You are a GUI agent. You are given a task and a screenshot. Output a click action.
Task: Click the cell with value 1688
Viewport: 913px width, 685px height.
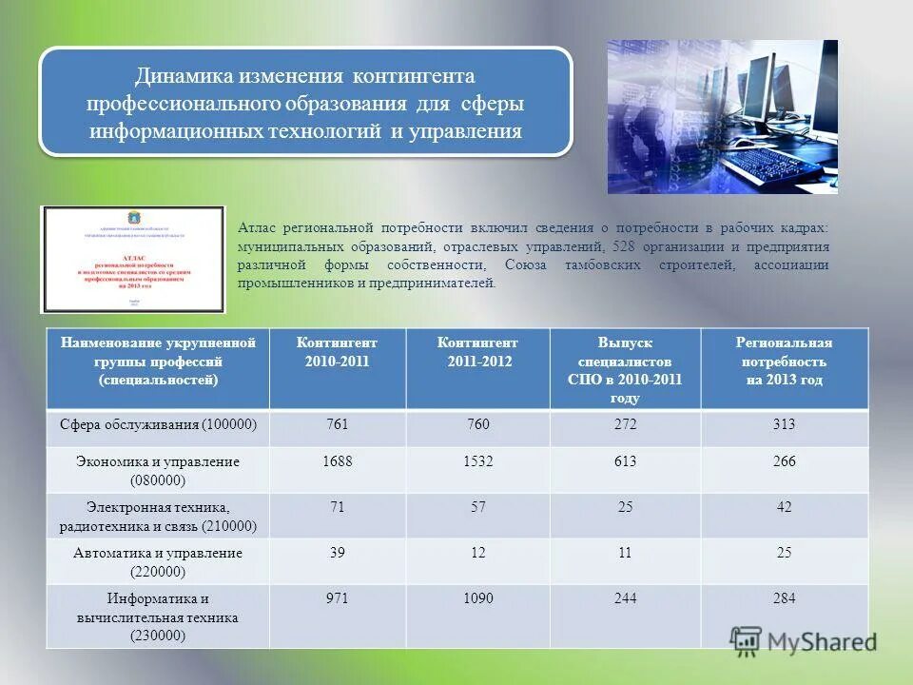[338, 461]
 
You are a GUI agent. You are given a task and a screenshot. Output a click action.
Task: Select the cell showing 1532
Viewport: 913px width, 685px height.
[477, 461]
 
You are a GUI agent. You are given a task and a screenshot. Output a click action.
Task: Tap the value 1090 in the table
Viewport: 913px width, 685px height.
[477, 598]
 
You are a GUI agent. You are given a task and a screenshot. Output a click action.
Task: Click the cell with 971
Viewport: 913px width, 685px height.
[338, 598]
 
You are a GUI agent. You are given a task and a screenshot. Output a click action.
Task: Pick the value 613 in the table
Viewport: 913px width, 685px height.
[625, 461]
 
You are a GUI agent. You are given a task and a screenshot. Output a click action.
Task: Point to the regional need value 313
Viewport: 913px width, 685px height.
[784, 424]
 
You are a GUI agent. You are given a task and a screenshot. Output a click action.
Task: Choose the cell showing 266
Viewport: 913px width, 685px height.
[784, 461]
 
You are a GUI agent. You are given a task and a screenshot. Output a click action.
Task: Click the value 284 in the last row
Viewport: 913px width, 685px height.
[784, 598]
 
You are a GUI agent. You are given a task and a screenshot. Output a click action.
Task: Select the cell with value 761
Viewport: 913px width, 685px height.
[338, 424]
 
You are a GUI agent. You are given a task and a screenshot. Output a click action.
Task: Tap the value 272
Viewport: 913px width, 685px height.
[625, 424]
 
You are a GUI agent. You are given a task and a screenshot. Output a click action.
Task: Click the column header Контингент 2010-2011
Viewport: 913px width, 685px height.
[338, 352]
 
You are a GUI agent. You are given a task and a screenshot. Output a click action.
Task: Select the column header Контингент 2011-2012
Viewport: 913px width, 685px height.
[477, 352]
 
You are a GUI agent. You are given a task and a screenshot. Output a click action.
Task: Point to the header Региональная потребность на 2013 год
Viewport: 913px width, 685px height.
[784, 362]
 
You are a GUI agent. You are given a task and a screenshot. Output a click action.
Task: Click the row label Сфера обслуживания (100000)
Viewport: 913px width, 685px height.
[159, 424]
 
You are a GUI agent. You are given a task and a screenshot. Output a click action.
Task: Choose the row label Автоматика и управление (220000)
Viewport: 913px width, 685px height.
[159, 562]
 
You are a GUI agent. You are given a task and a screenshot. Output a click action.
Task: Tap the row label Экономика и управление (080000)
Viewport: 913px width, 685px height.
[159, 470]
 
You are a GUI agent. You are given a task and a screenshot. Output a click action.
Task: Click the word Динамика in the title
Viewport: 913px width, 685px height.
[181, 75]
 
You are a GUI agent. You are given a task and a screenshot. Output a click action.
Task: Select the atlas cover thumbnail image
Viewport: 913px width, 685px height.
[133, 259]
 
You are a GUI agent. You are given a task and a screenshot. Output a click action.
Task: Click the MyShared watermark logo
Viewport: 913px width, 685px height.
[804, 641]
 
